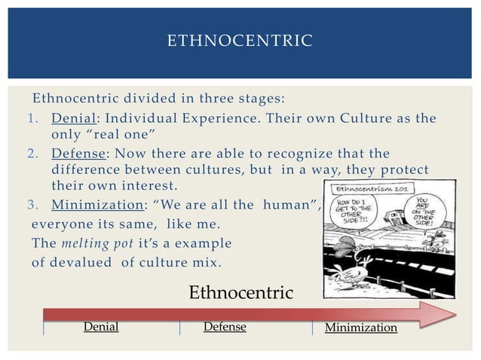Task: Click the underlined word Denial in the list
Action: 71,119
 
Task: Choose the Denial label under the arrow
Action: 101,328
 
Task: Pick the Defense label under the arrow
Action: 225,328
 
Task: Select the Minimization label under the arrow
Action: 360,328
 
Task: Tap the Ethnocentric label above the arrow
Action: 240,293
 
